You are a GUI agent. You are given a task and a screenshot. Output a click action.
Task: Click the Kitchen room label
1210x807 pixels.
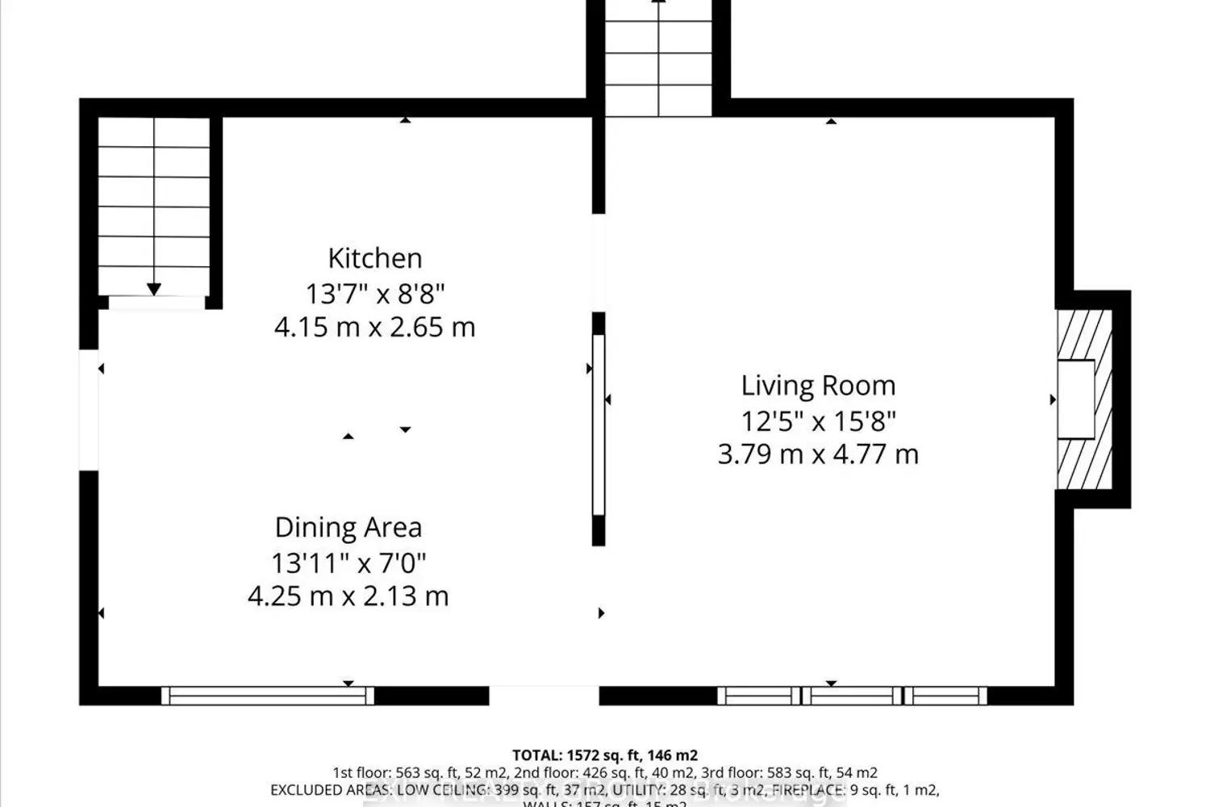pos(374,258)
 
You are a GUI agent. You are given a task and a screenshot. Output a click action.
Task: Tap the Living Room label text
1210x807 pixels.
pos(818,386)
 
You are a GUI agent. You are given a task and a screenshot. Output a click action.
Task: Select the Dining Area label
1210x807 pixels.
pos(348,528)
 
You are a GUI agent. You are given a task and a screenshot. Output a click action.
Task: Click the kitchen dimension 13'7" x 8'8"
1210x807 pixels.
pos(374,293)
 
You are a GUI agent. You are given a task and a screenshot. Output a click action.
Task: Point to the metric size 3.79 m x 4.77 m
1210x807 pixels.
pos(818,454)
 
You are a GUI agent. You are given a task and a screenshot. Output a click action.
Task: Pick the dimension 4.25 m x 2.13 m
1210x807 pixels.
pos(348,596)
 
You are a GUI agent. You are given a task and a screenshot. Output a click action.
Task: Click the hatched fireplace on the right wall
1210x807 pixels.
pos(1084,399)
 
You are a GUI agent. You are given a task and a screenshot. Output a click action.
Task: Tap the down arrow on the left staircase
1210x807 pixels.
pos(153,289)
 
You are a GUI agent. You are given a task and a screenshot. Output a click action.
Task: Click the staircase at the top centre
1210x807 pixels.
pos(658,56)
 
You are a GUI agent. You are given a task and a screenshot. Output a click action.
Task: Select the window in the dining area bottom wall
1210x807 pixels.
pos(268,696)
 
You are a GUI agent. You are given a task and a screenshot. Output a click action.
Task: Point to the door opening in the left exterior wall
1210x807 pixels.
pos(89,409)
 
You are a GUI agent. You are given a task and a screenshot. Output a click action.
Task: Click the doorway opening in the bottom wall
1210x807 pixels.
pos(544,696)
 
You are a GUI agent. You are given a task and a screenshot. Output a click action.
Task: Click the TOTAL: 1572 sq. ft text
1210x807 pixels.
pos(604,755)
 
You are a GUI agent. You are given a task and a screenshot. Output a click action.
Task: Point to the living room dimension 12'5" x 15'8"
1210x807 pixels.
pos(818,420)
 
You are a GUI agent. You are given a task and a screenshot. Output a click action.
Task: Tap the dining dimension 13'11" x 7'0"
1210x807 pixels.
pos(348,562)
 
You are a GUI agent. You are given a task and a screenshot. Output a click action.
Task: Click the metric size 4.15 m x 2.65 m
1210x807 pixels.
pos(374,328)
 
